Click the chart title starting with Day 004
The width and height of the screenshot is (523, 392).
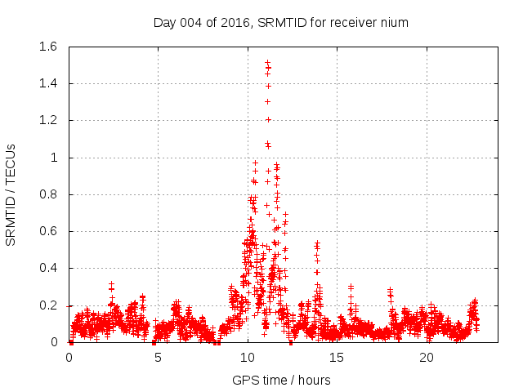click(x=281, y=22)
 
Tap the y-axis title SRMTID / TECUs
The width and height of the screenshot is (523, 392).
click(x=11, y=194)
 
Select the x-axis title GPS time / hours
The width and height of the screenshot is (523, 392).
click(x=281, y=380)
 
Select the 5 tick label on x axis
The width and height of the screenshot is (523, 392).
click(x=158, y=358)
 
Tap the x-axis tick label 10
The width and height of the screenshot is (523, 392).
click(x=248, y=358)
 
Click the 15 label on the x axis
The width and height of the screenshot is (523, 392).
click(x=337, y=358)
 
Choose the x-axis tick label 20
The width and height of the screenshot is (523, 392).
click(x=427, y=358)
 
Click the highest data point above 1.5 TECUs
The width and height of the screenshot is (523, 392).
click(x=267, y=62)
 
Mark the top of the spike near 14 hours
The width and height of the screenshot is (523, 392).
click(x=317, y=243)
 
